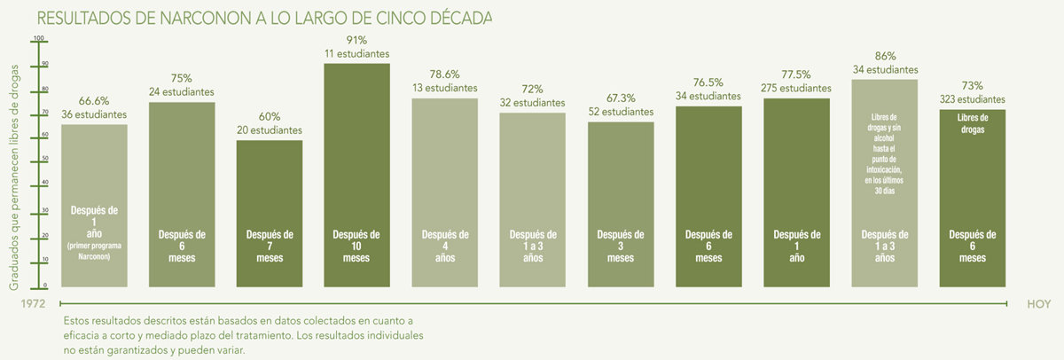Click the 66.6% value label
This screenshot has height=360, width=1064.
tap(94, 100)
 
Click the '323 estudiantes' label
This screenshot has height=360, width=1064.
tap(972, 99)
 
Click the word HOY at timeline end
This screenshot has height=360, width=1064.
tap(1038, 303)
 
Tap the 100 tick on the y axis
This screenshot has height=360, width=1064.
tap(38, 38)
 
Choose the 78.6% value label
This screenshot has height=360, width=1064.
tap(444, 74)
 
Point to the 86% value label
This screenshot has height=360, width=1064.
tap(884, 55)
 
